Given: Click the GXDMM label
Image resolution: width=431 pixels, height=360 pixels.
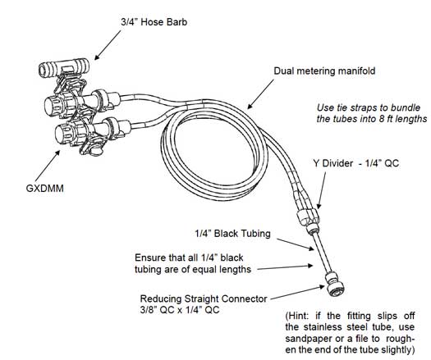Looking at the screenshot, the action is [x=45, y=189].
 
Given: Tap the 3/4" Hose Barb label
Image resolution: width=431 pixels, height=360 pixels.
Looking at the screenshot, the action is [x=154, y=22].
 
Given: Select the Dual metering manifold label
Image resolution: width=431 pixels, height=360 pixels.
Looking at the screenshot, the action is [x=324, y=71].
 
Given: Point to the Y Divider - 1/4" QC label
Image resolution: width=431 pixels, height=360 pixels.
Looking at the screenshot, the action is [x=356, y=163].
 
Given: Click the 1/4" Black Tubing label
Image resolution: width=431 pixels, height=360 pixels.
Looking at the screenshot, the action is [x=232, y=234].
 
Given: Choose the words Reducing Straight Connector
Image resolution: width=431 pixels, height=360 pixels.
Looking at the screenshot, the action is [x=204, y=298].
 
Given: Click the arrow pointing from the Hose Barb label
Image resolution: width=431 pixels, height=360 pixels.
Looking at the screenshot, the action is [x=108, y=45].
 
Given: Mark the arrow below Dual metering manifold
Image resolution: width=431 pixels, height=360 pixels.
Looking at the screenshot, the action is [x=260, y=94].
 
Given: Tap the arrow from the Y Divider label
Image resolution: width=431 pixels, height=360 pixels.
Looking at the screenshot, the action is [x=322, y=190].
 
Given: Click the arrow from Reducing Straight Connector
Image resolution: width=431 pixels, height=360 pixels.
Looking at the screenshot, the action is [x=298, y=293].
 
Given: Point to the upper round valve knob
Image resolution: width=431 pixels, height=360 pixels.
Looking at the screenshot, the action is [x=53, y=104].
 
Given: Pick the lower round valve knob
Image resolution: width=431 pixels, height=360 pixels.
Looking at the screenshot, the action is [x=62, y=133].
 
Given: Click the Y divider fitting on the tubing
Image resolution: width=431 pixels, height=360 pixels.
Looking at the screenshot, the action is [x=309, y=217].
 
